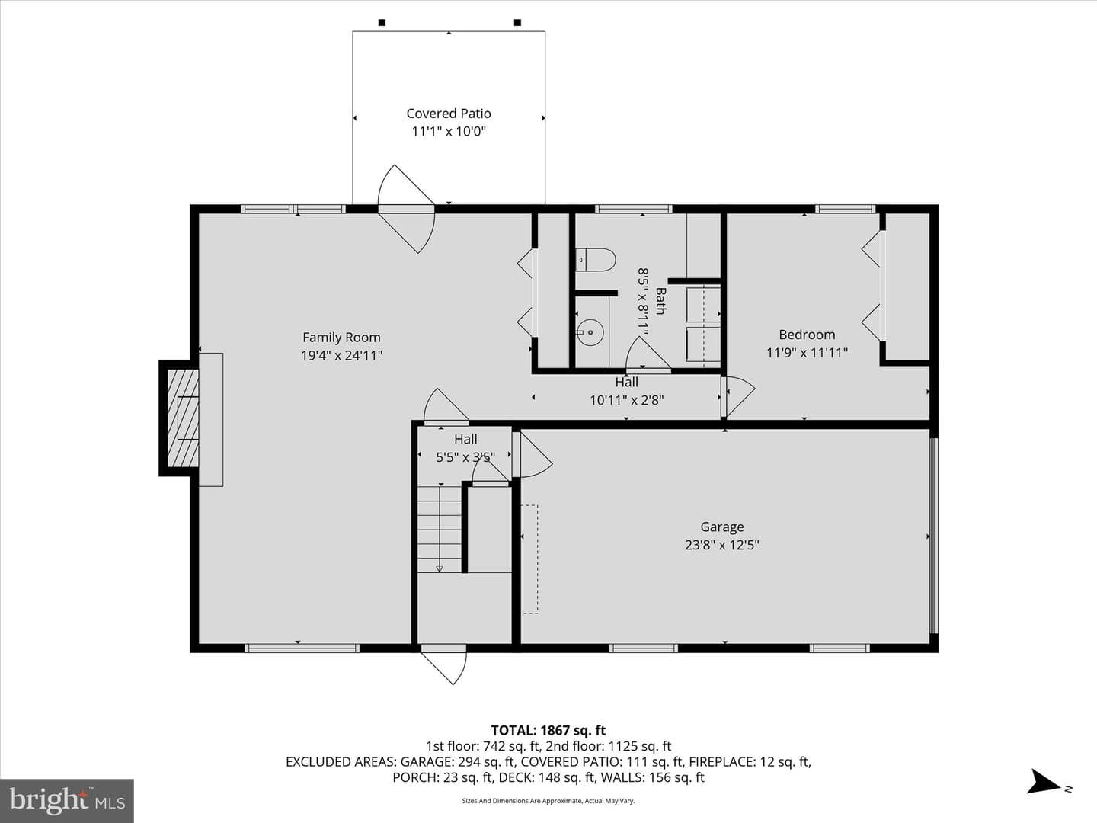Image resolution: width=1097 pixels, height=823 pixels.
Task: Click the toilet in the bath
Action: pyautogui.click(x=595, y=260)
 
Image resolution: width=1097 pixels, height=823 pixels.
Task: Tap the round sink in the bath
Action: pyautogui.click(x=590, y=331)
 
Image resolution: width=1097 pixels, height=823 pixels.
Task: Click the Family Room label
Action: pyautogui.click(x=341, y=338)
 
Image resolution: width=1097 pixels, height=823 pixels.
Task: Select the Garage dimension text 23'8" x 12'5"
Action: pyautogui.click(x=721, y=545)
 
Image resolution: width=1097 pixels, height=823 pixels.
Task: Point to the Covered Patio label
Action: pyautogui.click(x=448, y=114)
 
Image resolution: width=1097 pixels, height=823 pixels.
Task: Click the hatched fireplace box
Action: pyautogui.click(x=182, y=418)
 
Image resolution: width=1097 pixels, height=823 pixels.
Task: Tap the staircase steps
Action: pyautogui.click(x=440, y=529)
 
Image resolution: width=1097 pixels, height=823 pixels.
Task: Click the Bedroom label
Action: pyautogui.click(x=807, y=335)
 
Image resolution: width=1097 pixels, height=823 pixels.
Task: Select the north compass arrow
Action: pyautogui.click(x=1043, y=782)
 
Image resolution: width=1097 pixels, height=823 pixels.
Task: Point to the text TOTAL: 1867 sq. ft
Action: pyautogui.click(x=548, y=731)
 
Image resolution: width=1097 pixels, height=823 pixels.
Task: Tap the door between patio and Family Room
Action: pyautogui.click(x=406, y=209)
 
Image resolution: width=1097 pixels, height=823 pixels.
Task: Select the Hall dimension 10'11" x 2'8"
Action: pyautogui.click(x=627, y=400)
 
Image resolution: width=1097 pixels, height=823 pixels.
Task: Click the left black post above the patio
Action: pyautogui.click(x=382, y=23)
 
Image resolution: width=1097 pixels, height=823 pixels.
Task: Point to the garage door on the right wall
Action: pyautogui.click(x=933, y=536)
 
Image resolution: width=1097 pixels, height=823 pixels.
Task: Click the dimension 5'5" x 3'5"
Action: pyautogui.click(x=465, y=457)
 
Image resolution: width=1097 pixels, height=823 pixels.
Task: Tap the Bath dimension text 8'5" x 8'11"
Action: pyautogui.click(x=643, y=301)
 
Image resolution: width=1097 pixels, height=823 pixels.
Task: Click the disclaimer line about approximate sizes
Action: pyautogui.click(x=548, y=800)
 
